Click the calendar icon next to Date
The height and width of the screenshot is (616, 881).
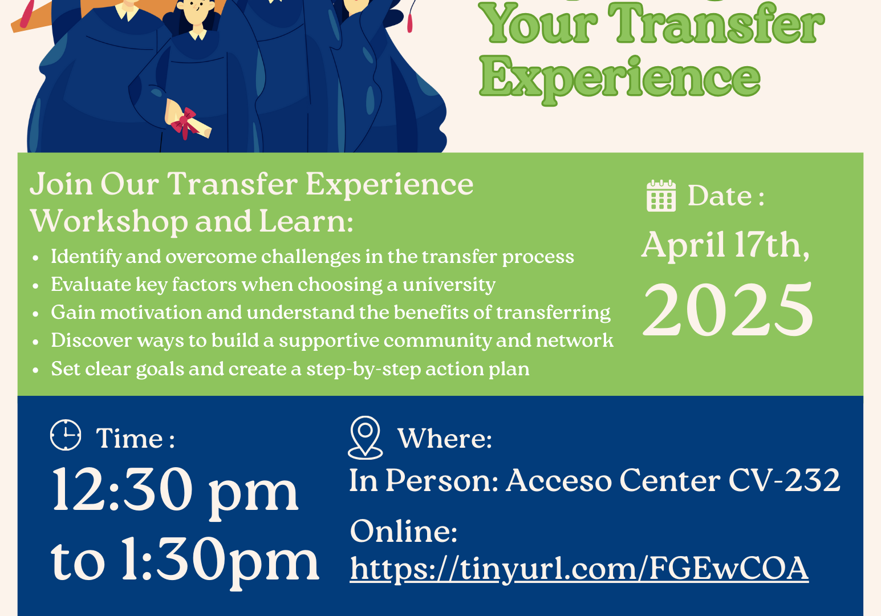pyautogui.click(x=661, y=196)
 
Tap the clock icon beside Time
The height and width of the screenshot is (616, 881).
pyautogui.click(x=66, y=435)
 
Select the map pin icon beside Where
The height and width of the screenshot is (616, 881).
pyautogui.click(x=365, y=437)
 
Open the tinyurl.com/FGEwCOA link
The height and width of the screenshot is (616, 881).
pyautogui.click(x=579, y=569)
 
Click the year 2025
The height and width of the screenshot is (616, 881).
pyautogui.click(x=728, y=309)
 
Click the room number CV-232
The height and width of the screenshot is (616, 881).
pyautogui.click(x=784, y=480)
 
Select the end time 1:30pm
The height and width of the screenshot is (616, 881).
pyautogui.click(x=220, y=561)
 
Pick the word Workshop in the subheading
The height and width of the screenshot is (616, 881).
pyautogui.click(x=109, y=221)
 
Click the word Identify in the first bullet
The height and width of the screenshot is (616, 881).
pyautogui.click(x=86, y=257)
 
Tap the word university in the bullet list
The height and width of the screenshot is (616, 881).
pyautogui.click(x=449, y=285)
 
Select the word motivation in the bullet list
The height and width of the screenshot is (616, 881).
pyautogui.click(x=151, y=313)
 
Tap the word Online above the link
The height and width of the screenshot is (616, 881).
pyautogui.click(x=404, y=532)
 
